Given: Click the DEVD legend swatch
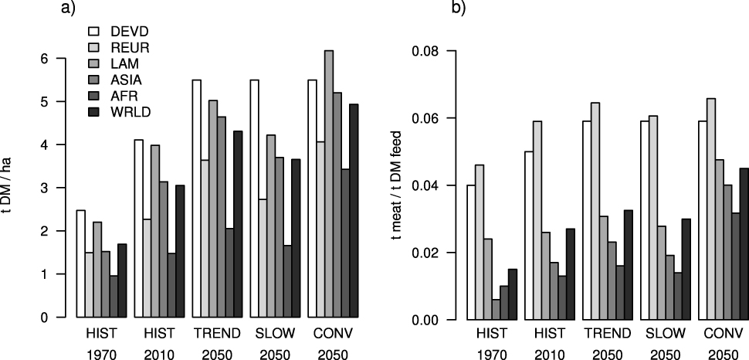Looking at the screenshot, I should point(96,32).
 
